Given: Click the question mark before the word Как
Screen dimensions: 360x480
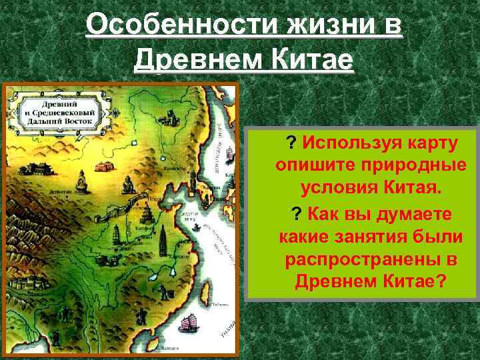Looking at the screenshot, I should pyautogui.click(x=296, y=214).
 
